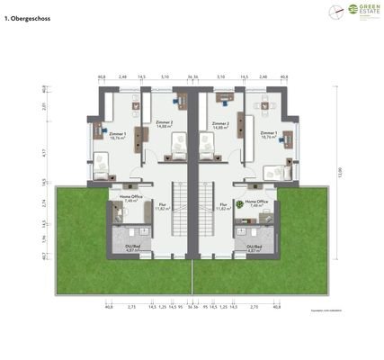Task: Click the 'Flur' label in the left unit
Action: pyautogui.click(x=162, y=206)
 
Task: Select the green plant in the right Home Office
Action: pyautogui.click(x=241, y=204)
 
